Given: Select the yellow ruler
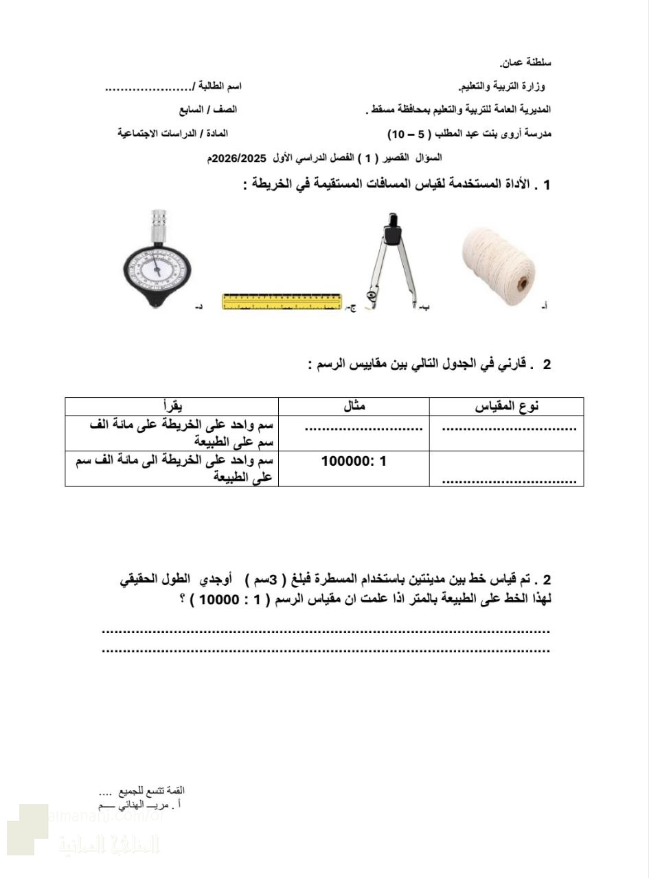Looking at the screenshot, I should [282, 302].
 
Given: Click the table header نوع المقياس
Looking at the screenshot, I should [506, 406].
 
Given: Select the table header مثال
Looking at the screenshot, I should [354, 406].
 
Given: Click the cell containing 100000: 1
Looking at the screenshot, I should [354, 461].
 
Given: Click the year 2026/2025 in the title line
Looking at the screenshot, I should [238, 158].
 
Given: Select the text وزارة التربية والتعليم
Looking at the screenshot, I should [503, 86].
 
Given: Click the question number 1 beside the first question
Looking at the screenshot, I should [546, 185].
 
